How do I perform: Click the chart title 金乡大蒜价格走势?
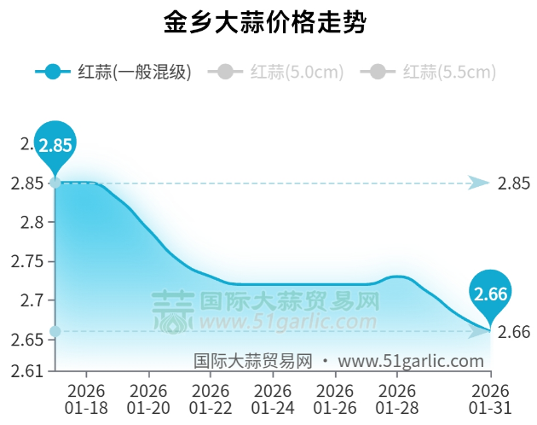click(265, 23)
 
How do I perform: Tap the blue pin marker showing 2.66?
click(491, 294)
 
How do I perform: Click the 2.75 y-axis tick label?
click(27, 262)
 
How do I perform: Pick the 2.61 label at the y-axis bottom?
click(27, 371)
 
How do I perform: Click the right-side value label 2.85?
click(514, 183)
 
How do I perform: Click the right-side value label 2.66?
click(514, 331)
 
